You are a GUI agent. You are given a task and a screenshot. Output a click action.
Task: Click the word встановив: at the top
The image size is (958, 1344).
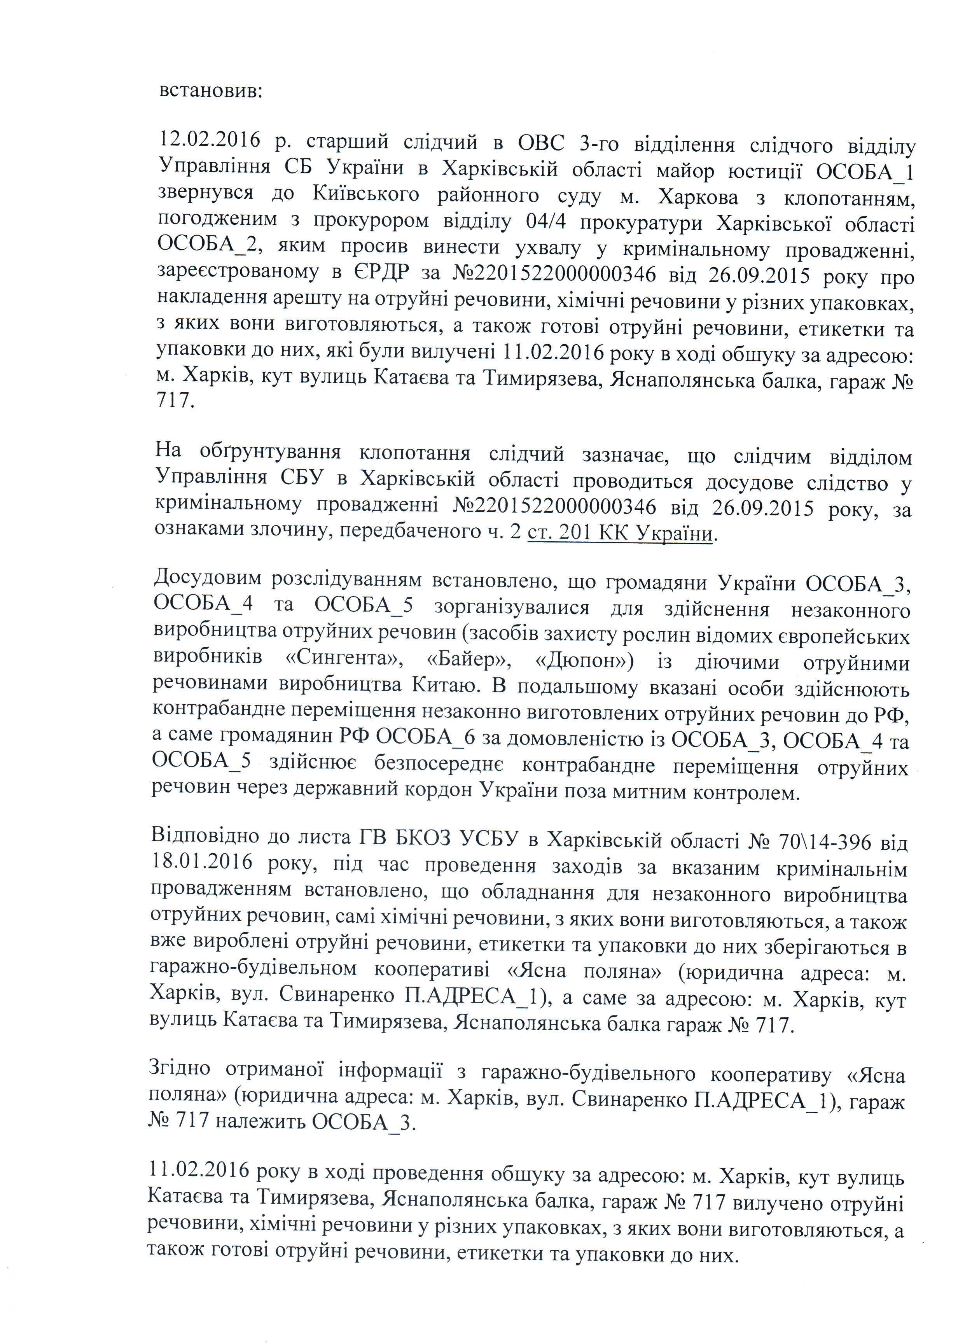coord(210,92)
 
